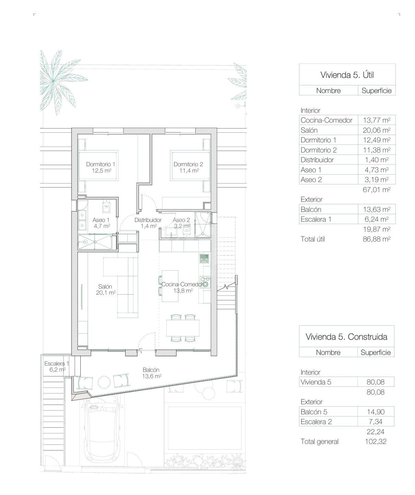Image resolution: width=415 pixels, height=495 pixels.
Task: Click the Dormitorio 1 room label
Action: (x=101, y=164)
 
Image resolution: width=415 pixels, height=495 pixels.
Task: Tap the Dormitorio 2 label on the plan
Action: (x=188, y=164)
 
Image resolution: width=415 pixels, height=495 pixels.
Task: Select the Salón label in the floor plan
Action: (x=105, y=286)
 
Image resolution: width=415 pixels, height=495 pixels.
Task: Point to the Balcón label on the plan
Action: (x=151, y=370)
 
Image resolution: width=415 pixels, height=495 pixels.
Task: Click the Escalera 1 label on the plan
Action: (x=57, y=363)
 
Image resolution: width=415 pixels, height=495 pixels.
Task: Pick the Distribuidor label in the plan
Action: (x=148, y=220)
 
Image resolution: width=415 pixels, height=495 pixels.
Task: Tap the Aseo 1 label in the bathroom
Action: (x=101, y=220)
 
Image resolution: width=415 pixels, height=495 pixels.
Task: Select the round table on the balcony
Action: (x=104, y=382)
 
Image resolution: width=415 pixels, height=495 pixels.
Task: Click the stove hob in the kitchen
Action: (x=205, y=282)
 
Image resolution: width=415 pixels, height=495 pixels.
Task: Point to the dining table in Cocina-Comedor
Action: (x=183, y=328)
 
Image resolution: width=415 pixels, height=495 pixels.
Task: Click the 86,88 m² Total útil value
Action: (x=377, y=239)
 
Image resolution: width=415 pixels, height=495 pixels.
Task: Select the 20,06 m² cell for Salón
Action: (x=377, y=130)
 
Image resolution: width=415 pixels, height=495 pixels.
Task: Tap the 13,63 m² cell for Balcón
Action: (x=377, y=210)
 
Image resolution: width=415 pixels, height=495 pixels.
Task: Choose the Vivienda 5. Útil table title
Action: (x=347, y=75)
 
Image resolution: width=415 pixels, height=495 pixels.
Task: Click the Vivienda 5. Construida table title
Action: (x=346, y=337)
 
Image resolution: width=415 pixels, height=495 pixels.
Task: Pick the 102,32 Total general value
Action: (x=376, y=441)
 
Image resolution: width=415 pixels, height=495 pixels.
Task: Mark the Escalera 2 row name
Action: (x=316, y=422)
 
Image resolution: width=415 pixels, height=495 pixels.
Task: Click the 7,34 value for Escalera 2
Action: (x=376, y=422)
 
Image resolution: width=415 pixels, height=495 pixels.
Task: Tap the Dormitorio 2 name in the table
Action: (x=319, y=150)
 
